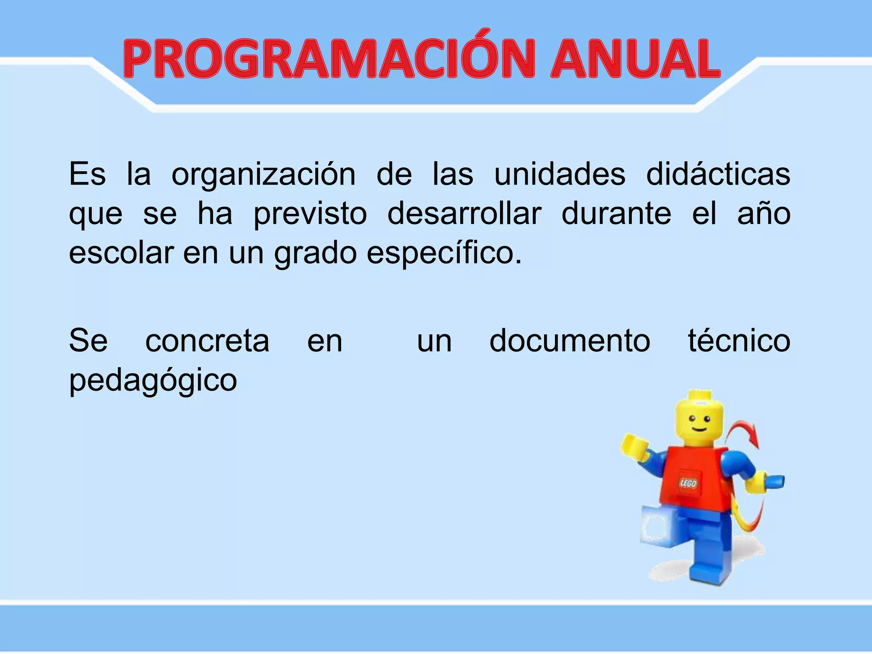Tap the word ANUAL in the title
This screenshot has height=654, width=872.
(x=634, y=60)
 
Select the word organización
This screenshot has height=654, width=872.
(x=263, y=175)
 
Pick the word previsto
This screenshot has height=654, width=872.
(x=310, y=214)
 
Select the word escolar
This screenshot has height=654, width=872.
(x=121, y=253)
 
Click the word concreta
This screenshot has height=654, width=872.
(x=207, y=341)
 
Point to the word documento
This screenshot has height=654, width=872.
(x=570, y=341)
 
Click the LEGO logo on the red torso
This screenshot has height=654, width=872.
(x=688, y=483)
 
